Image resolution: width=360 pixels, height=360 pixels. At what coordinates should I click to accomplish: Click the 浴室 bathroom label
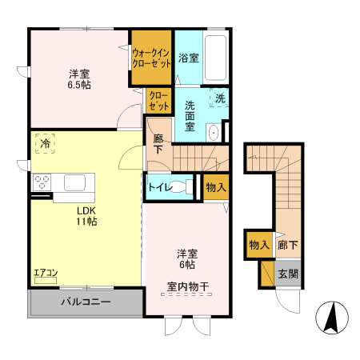point(189,58)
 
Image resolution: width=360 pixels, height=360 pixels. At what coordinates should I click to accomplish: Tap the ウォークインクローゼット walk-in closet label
point(151,58)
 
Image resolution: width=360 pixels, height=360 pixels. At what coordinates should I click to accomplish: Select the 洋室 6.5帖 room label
point(78,78)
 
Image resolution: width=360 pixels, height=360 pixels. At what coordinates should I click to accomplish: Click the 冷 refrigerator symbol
point(42,145)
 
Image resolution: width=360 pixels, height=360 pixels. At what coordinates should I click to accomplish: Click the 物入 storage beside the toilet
point(215,186)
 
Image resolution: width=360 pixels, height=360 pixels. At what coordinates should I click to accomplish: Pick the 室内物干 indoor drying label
point(188,286)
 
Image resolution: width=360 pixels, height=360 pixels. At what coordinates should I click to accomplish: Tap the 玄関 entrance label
point(287,274)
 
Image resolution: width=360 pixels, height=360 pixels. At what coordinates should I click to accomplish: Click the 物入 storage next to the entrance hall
point(258,245)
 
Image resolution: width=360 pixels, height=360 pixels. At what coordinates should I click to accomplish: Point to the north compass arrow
point(330,318)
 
